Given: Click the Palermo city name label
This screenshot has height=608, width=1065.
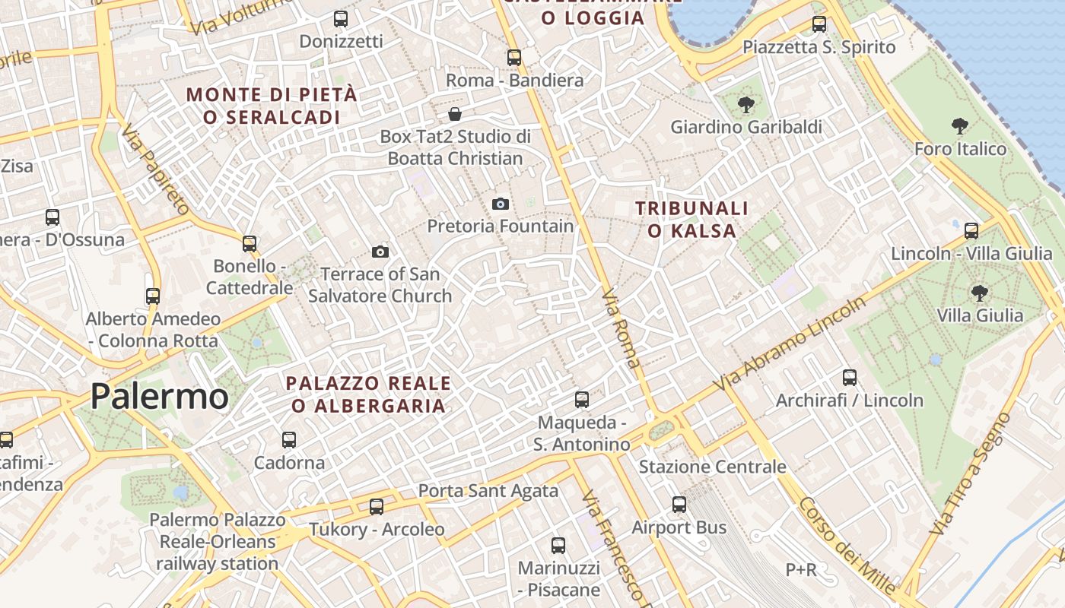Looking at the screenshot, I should (x=159, y=397).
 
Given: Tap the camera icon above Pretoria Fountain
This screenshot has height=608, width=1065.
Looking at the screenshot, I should (x=500, y=204).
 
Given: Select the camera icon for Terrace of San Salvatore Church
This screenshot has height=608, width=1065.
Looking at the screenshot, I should (x=380, y=252).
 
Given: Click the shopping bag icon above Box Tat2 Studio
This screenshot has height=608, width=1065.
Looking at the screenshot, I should (x=455, y=115).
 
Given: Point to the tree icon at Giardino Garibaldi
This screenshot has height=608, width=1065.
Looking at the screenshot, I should (x=745, y=105).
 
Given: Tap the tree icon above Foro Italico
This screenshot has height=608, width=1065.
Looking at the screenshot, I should (x=960, y=126).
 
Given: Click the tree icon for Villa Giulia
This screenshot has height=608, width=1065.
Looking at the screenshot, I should (x=980, y=293).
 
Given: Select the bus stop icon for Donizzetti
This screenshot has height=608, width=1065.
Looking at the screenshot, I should (x=341, y=19).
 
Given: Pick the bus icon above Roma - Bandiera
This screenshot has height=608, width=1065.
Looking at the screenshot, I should (x=514, y=58).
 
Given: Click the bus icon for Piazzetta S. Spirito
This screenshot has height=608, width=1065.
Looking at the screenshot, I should (x=819, y=24).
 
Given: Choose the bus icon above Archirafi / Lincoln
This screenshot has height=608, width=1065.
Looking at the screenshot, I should (x=850, y=378).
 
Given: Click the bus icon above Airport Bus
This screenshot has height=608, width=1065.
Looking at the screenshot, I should (x=679, y=505).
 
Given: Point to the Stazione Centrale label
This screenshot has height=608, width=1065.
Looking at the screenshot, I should (x=712, y=467).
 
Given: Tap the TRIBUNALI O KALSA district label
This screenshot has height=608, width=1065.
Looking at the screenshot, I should (x=691, y=219).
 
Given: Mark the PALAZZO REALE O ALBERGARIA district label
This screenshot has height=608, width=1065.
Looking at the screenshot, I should (x=369, y=394).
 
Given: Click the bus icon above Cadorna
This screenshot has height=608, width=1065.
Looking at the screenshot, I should (x=289, y=440).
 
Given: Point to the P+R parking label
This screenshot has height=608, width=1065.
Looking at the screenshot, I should (x=801, y=569).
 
